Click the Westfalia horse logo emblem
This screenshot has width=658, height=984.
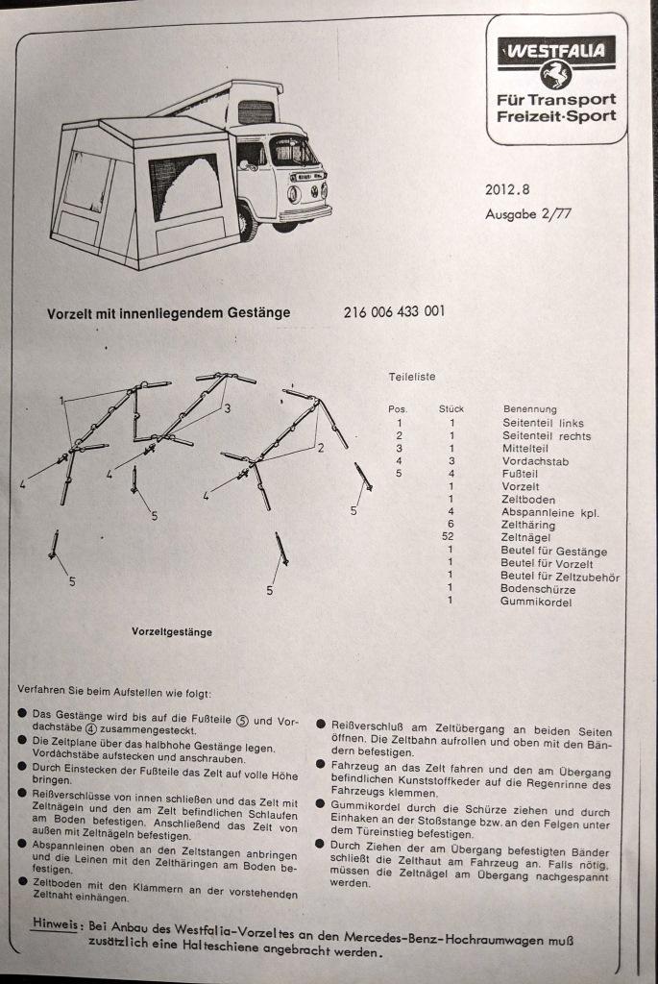pyautogui.click(x=555, y=74)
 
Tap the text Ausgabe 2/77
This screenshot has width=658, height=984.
pyautogui.click(x=527, y=214)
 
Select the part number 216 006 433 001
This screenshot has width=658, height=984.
pyautogui.click(x=394, y=312)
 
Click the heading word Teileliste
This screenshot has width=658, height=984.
pyautogui.click(x=411, y=377)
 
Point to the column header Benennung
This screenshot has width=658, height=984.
pyautogui.click(x=529, y=409)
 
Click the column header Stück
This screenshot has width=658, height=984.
pyautogui.click(x=451, y=409)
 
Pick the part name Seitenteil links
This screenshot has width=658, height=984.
pyautogui.click(x=543, y=423)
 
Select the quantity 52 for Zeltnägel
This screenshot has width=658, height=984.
pyautogui.click(x=450, y=538)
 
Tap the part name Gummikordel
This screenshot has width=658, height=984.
pyautogui.click(x=536, y=602)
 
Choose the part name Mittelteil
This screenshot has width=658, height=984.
pyautogui.click(x=525, y=449)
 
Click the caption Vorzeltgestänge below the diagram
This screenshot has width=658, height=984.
pyautogui.click(x=172, y=632)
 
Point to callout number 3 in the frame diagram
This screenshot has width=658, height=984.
pyautogui.click(x=228, y=409)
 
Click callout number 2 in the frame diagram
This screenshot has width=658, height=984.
pyautogui.click(x=320, y=448)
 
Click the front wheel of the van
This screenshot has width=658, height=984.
pyautogui.click(x=249, y=225)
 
